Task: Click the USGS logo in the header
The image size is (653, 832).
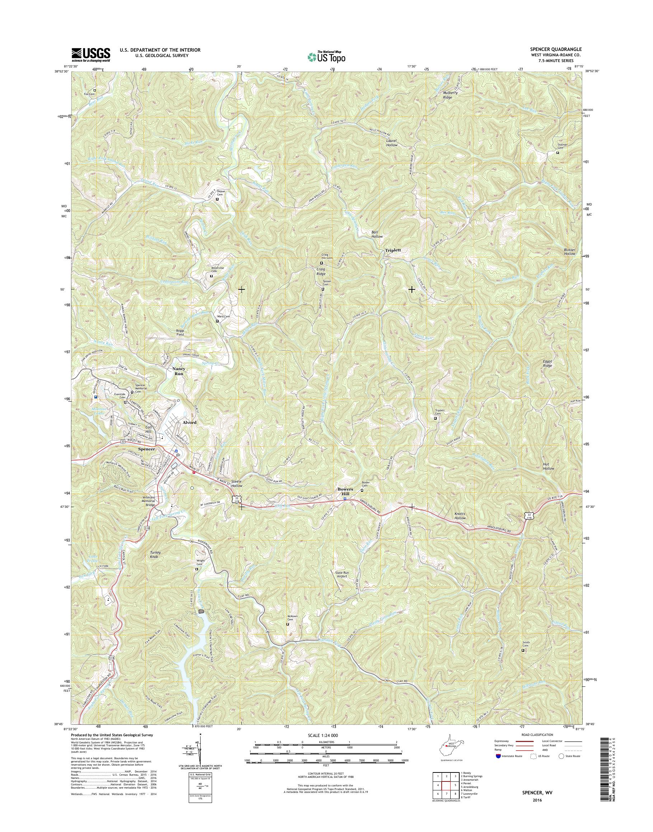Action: point(91,55)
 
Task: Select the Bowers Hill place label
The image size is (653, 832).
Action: point(346,491)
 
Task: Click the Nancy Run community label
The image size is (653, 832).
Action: point(179,371)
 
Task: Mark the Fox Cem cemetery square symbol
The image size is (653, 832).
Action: point(95,91)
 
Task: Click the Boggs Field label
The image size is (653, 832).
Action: point(180,332)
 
